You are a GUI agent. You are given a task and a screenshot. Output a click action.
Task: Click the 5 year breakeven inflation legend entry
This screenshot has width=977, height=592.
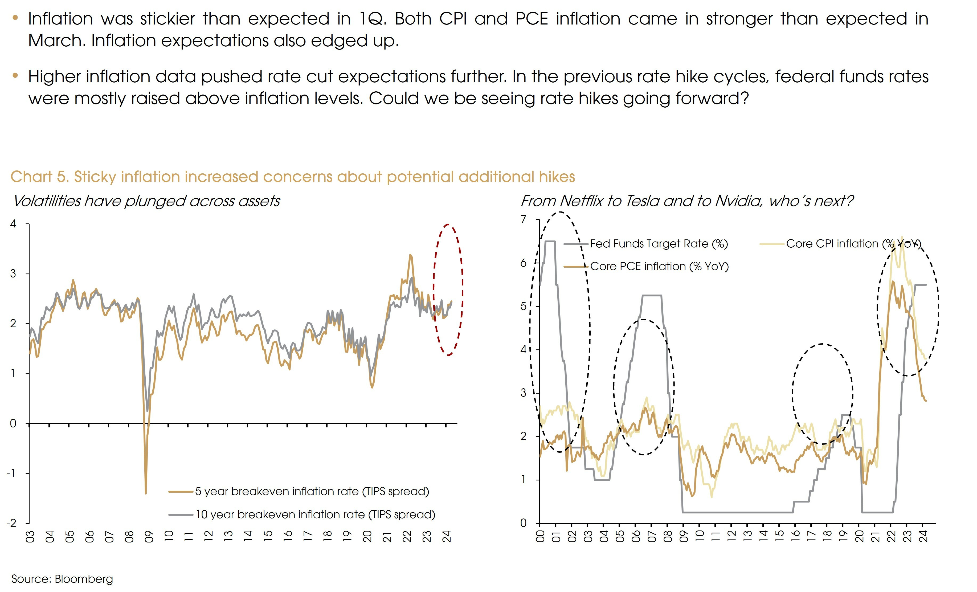click(312, 491)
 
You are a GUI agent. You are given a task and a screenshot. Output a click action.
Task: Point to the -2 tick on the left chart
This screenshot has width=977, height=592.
click(11, 523)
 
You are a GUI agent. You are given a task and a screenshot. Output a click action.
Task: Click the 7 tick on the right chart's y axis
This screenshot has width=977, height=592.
click(524, 219)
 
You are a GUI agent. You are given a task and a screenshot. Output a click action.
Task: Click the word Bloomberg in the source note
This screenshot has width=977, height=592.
click(84, 579)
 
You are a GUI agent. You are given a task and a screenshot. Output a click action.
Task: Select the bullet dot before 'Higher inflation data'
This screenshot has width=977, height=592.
click(15, 75)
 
